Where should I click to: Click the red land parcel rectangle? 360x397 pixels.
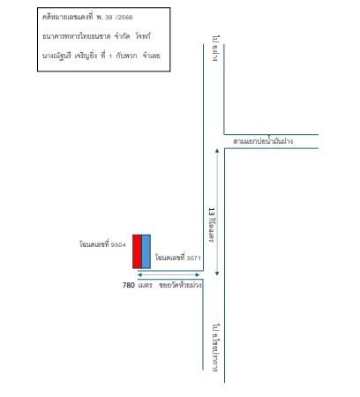[137, 251]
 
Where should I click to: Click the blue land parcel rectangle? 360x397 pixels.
[146, 251]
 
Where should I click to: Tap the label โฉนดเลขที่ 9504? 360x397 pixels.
[102, 243]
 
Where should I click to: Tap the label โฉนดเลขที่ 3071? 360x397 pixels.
[178, 258]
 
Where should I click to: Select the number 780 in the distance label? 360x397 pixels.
[129, 285]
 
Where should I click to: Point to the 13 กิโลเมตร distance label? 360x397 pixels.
[211, 225]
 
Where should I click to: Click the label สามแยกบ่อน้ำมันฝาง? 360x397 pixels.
[263, 141]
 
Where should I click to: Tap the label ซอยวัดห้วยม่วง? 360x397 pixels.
[180, 285]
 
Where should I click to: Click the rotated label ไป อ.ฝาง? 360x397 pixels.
[216, 49]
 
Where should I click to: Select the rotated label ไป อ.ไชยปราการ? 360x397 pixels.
[216, 348]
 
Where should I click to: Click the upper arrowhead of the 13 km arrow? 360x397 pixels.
[217, 151]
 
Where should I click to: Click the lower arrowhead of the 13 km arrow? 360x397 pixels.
[217, 273]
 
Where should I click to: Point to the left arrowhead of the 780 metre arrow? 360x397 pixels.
[139, 275]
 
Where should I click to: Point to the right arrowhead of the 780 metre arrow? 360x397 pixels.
[198, 275]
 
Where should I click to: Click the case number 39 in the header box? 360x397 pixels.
[109, 18]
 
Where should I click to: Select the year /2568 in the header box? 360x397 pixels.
[124, 18]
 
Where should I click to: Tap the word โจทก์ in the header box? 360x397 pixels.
[143, 36]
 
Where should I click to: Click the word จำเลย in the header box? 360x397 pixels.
[151, 56]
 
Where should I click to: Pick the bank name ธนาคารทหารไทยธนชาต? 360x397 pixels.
[76, 36]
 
